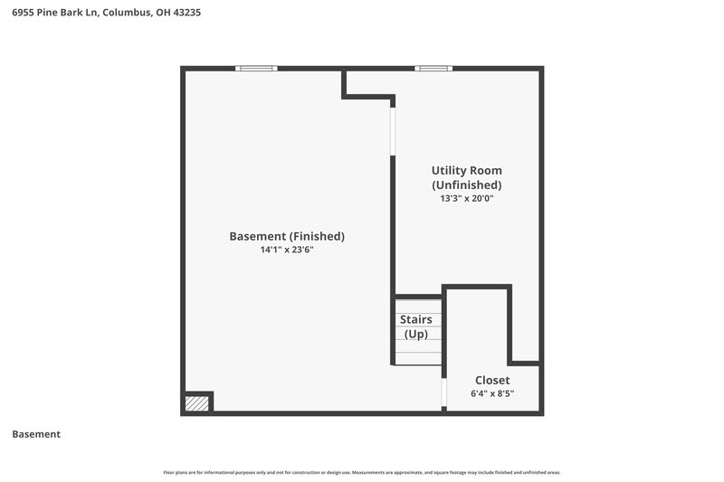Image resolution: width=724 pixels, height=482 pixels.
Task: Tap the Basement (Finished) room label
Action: tap(287, 236)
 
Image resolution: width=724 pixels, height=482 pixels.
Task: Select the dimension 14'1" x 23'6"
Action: tap(287, 250)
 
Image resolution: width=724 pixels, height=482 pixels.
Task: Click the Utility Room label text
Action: tap(466, 170)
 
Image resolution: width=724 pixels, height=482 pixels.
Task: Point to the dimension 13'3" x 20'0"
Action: tap(467, 198)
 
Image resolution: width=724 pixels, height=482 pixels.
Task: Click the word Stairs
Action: tap(416, 319)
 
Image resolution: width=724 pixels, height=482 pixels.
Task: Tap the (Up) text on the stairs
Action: tap(416, 334)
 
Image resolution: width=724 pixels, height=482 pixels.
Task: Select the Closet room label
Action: tap(492, 380)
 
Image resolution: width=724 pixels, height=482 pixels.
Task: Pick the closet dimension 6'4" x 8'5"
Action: tap(492, 394)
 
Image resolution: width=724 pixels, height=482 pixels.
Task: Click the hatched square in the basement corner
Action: tap(196, 403)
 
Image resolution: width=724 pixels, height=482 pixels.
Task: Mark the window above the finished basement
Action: tap(256, 69)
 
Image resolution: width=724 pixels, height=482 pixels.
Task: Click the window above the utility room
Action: tap(433, 69)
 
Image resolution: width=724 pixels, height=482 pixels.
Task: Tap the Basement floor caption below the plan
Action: tap(36, 434)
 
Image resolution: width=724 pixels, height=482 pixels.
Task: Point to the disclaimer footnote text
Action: tap(362, 472)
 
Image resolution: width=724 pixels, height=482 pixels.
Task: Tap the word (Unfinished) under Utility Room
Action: tap(467, 184)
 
